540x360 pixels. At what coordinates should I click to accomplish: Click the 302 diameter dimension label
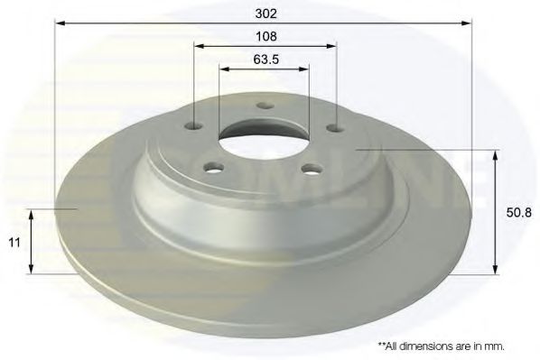pos(266,14)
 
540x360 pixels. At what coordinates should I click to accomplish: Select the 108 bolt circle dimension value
pos(266,36)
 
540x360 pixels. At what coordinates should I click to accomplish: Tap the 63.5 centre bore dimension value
pos(265,60)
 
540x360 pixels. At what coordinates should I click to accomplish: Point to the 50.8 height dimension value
pos(518,212)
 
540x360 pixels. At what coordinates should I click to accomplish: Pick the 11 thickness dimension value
pos(14,243)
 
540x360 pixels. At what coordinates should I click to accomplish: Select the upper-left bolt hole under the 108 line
pos(194,126)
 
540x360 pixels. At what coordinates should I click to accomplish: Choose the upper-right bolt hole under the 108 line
pos(336,128)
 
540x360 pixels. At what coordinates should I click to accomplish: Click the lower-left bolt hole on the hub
pos(214,168)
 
